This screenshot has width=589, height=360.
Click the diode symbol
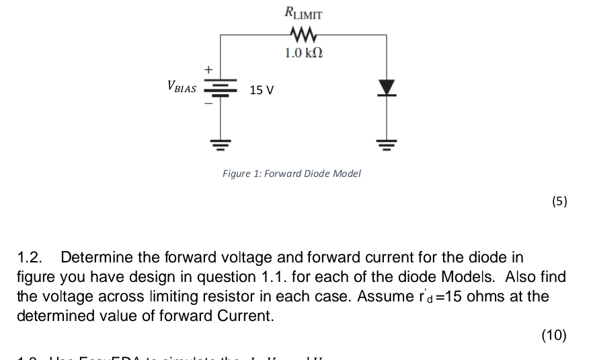tap(386, 87)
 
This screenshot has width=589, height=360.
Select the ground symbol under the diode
tap(386, 143)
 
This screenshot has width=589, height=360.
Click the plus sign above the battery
tap(208, 69)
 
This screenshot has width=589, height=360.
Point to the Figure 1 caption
tap(292, 174)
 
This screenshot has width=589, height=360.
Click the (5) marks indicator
tap(558, 201)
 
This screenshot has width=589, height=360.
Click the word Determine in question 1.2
tap(95, 258)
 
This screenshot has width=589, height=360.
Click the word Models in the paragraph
tap(469, 277)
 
